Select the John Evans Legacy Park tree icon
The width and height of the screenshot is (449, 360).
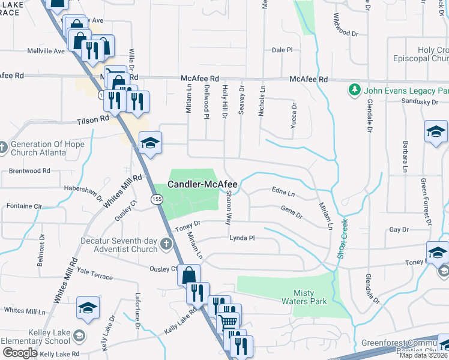[x=354, y=90]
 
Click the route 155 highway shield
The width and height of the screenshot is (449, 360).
[x=157, y=199]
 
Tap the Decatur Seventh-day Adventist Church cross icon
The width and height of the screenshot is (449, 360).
[x=166, y=244]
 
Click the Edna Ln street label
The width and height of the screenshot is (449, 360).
[x=283, y=194]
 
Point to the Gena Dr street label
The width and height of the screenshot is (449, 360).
[x=291, y=211]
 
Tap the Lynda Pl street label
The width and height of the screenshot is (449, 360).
[x=242, y=238]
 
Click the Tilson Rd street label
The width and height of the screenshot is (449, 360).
[x=93, y=120]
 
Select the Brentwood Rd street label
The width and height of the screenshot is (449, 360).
[x=29, y=171]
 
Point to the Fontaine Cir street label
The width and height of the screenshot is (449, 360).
[x=24, y=206]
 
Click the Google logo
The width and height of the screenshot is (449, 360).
[x=20, y=352]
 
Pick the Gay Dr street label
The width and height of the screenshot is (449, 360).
[x=399, y=230]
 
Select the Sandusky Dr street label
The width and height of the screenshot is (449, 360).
[x=419, y=102]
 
